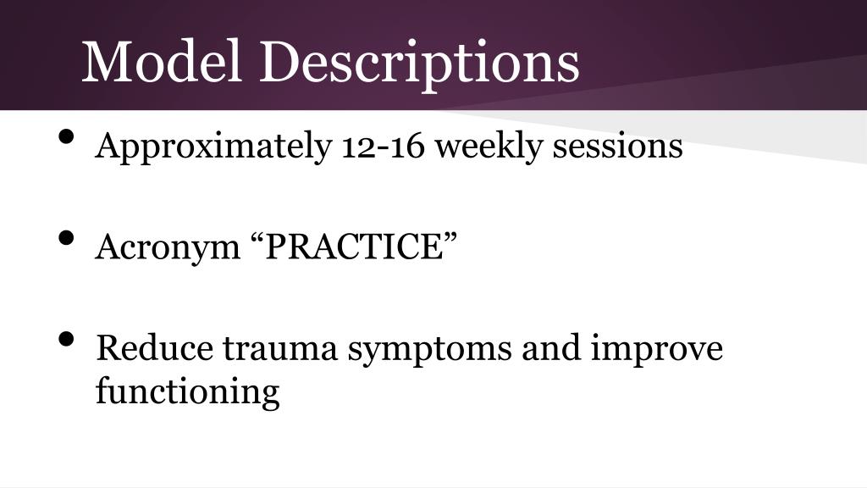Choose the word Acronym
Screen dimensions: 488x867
tap(164, 247)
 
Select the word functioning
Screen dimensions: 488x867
tap(187, 393)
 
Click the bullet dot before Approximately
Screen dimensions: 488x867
tap(67, 139)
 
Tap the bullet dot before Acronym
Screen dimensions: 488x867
tap(67, 240)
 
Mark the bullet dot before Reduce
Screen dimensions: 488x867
tap(67, 341)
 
